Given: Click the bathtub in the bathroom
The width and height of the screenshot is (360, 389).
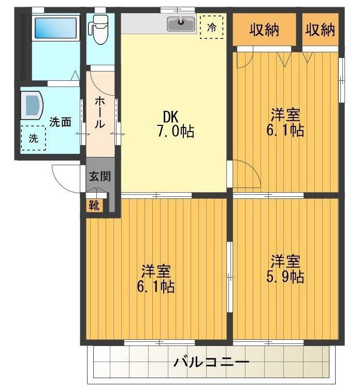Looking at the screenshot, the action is click(x=55, y=28).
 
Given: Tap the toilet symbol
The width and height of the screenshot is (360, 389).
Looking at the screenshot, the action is click(x=98, y=30).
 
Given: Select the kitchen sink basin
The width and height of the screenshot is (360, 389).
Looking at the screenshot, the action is click(x=181, y=24).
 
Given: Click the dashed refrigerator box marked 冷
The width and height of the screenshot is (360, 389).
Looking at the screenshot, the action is click(x=212, y=27).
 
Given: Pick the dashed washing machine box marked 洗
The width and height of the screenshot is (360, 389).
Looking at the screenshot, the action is click(x=33, y=138).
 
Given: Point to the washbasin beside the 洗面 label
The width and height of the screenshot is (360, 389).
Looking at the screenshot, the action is click(x=32, y=105).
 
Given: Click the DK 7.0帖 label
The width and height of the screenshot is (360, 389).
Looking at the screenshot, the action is click(x=175, y=124).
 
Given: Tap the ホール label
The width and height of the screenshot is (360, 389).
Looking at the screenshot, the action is click(x=99, y=112).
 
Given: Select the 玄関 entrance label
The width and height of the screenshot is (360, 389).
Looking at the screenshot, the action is click(x=100, y=176).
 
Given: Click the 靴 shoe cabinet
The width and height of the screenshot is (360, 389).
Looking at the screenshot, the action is click(x=94, y=205).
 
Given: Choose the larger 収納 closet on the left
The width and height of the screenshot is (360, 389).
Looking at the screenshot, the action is click(x=264, y=30).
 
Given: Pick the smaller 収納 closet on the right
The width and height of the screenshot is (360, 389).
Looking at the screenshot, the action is click(x=320, y=30).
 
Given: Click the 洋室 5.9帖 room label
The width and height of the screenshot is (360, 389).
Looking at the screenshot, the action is click(x=285, y=269).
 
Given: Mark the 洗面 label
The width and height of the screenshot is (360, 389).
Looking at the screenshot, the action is click(x=60, y=122).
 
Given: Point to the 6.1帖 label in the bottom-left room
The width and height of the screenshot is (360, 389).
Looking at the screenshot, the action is click(x=156, y=287).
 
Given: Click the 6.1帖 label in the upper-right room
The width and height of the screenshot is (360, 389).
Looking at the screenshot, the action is click(x=285, y=130).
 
